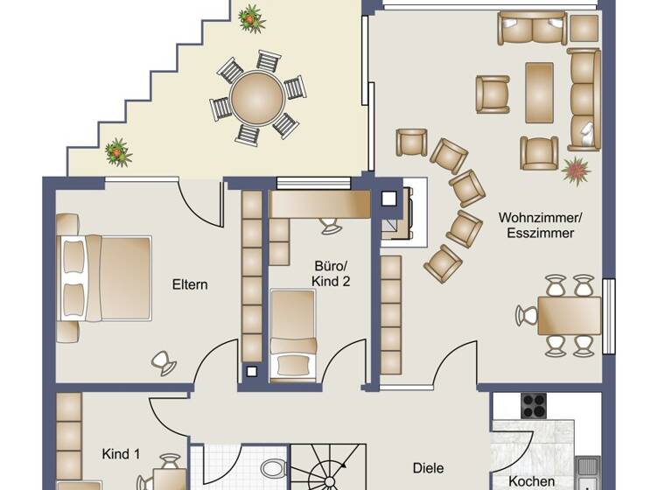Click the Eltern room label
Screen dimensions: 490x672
tap(190, 284)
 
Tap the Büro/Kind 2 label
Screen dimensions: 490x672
tap(332, 272)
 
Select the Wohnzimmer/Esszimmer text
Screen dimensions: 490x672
tap(535, 225)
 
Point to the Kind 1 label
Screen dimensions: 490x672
tap(121, 454)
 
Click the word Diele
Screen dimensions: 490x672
tap(428, 468)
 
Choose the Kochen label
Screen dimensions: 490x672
tap(532, 481)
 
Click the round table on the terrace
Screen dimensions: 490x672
tap(257, 96)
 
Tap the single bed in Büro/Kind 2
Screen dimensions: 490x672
tap(292, 335)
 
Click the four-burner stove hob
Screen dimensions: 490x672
tap(533, 405)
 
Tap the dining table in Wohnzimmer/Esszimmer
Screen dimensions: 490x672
tap(569, 316)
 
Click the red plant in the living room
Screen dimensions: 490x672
tap(577, 169)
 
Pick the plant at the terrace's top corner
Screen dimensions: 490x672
tap(251, 17)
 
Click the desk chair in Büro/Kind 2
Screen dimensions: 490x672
tap(332, 225)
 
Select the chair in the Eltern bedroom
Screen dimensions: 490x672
tap(163, 361)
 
